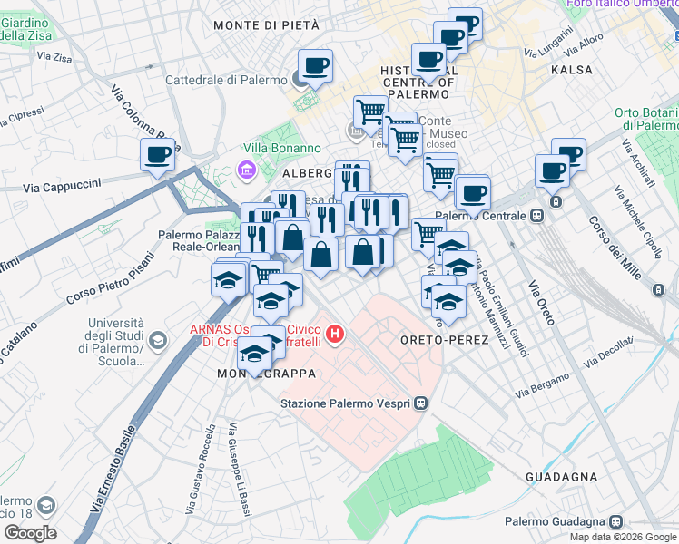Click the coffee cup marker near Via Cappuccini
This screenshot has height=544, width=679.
pos(158,154)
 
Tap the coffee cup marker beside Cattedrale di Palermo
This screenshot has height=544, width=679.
pos(315,65)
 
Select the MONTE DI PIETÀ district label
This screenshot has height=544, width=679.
pos(267,25)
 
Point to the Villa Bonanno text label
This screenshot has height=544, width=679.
pos(281,148)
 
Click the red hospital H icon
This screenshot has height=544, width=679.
pos(335,335)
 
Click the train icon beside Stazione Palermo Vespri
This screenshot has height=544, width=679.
pos(420,404)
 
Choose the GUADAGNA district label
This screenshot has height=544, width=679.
pos(561,476)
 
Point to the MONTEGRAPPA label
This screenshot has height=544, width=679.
pos(266,374)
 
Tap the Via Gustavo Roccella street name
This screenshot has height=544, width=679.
pos(199,471)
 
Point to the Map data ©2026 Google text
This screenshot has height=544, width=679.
pos(622,537)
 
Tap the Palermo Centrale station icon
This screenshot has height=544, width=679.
pos(537,216)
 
